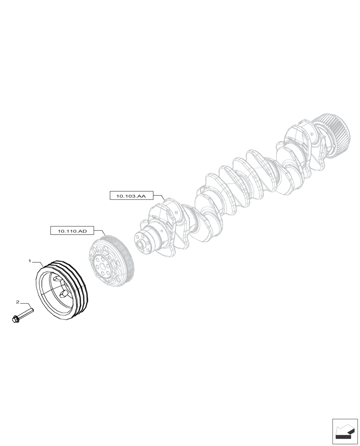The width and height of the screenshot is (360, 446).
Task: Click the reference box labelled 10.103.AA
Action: tap(131, 196)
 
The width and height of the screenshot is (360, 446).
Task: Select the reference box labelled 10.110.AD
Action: tap(72, 231)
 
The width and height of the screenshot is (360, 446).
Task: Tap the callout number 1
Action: tap(30, 260)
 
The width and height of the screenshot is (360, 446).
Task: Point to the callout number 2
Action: tap(17, 302)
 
